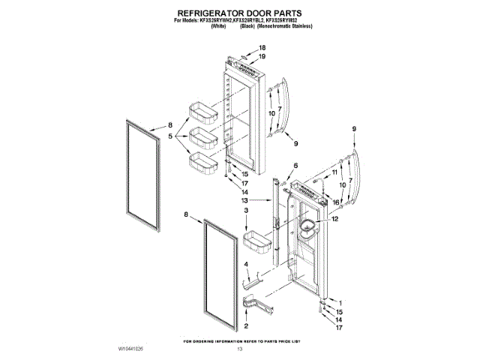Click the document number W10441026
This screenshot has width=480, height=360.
pyautogui.click(x=130, y=349)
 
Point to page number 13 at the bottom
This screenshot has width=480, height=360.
pyautogui.click(x=241, y=349)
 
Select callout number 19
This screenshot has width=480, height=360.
pyautogui.click(x=262, y=56)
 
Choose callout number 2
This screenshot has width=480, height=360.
pyautogui.click(x=245, y=325)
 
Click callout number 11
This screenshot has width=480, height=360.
pyautogui.click(x=334, y=173)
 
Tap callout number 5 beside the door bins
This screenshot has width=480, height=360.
pyautogui.click(x=171, y=136)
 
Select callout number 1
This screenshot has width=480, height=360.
pyautogui.click(x=338, y=301)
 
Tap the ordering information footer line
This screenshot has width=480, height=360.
pyautogui.click(x=241, y=341)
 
